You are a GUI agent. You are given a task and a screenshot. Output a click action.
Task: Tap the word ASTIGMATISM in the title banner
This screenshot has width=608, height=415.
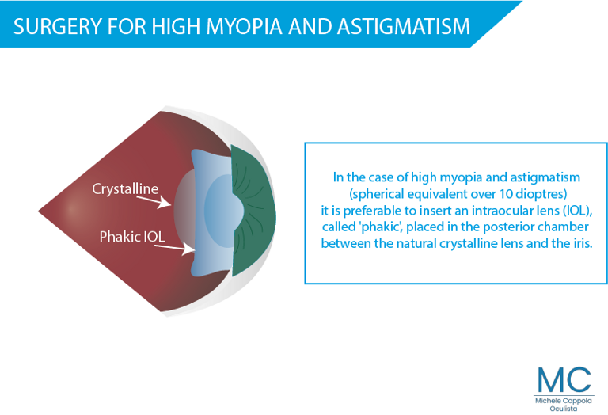coord(403,26)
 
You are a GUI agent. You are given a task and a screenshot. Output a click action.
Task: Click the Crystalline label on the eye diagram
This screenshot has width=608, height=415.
coord(125,189)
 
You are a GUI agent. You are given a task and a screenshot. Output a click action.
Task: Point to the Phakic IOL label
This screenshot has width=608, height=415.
coord(132,237)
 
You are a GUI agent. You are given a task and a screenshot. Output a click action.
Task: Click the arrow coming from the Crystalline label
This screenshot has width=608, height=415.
coord(154,202)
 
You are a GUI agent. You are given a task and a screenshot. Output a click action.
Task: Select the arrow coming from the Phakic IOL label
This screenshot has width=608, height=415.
coord(174,249)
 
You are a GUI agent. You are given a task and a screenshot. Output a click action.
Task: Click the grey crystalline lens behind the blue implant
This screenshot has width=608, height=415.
coord(184,211)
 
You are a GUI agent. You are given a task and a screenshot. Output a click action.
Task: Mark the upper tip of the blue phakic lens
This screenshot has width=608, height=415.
coord(193,151)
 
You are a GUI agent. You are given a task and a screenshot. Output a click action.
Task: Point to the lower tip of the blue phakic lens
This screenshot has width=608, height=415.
coord(193,273)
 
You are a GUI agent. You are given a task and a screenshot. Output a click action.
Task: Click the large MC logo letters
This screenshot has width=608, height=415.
coord(564,379)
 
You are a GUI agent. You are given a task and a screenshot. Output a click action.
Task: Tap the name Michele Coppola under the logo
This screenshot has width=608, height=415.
coord(564,401)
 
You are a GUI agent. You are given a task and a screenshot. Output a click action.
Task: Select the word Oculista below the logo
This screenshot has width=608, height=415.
coord(564,409)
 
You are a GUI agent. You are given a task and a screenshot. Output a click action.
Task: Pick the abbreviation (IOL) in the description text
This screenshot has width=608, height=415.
coord(577,211)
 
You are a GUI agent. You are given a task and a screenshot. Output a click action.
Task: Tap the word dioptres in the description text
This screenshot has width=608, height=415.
coord(541,194)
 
